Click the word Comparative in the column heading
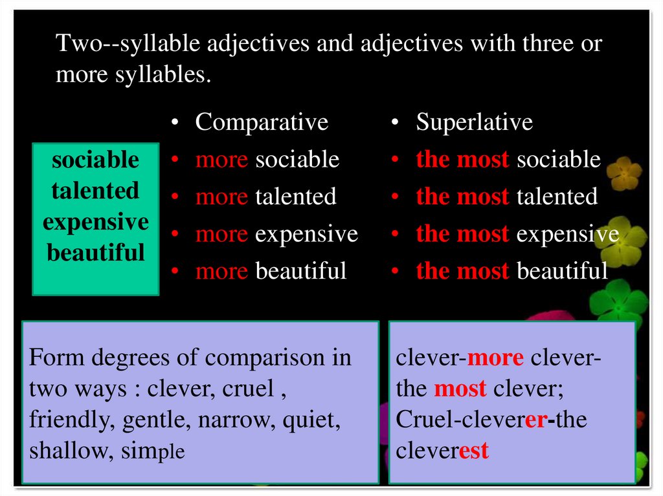point(262,122)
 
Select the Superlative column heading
point(474,122)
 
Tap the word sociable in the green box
point(95,160)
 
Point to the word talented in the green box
point(95,191)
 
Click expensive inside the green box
point(95,222)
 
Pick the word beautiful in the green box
point(95,252)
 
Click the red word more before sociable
point(221,160)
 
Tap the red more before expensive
point(221,233)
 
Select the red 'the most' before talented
point(462,196)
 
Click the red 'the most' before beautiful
point(462,270)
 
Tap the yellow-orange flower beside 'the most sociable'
point(624,173)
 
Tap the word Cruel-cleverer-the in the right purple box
point(491,420)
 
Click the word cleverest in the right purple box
point(442,451)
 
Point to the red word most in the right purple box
point(460,389)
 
